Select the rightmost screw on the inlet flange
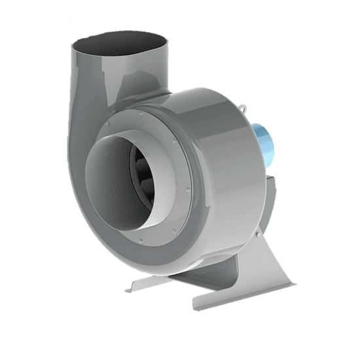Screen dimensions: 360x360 pos(187,191)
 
